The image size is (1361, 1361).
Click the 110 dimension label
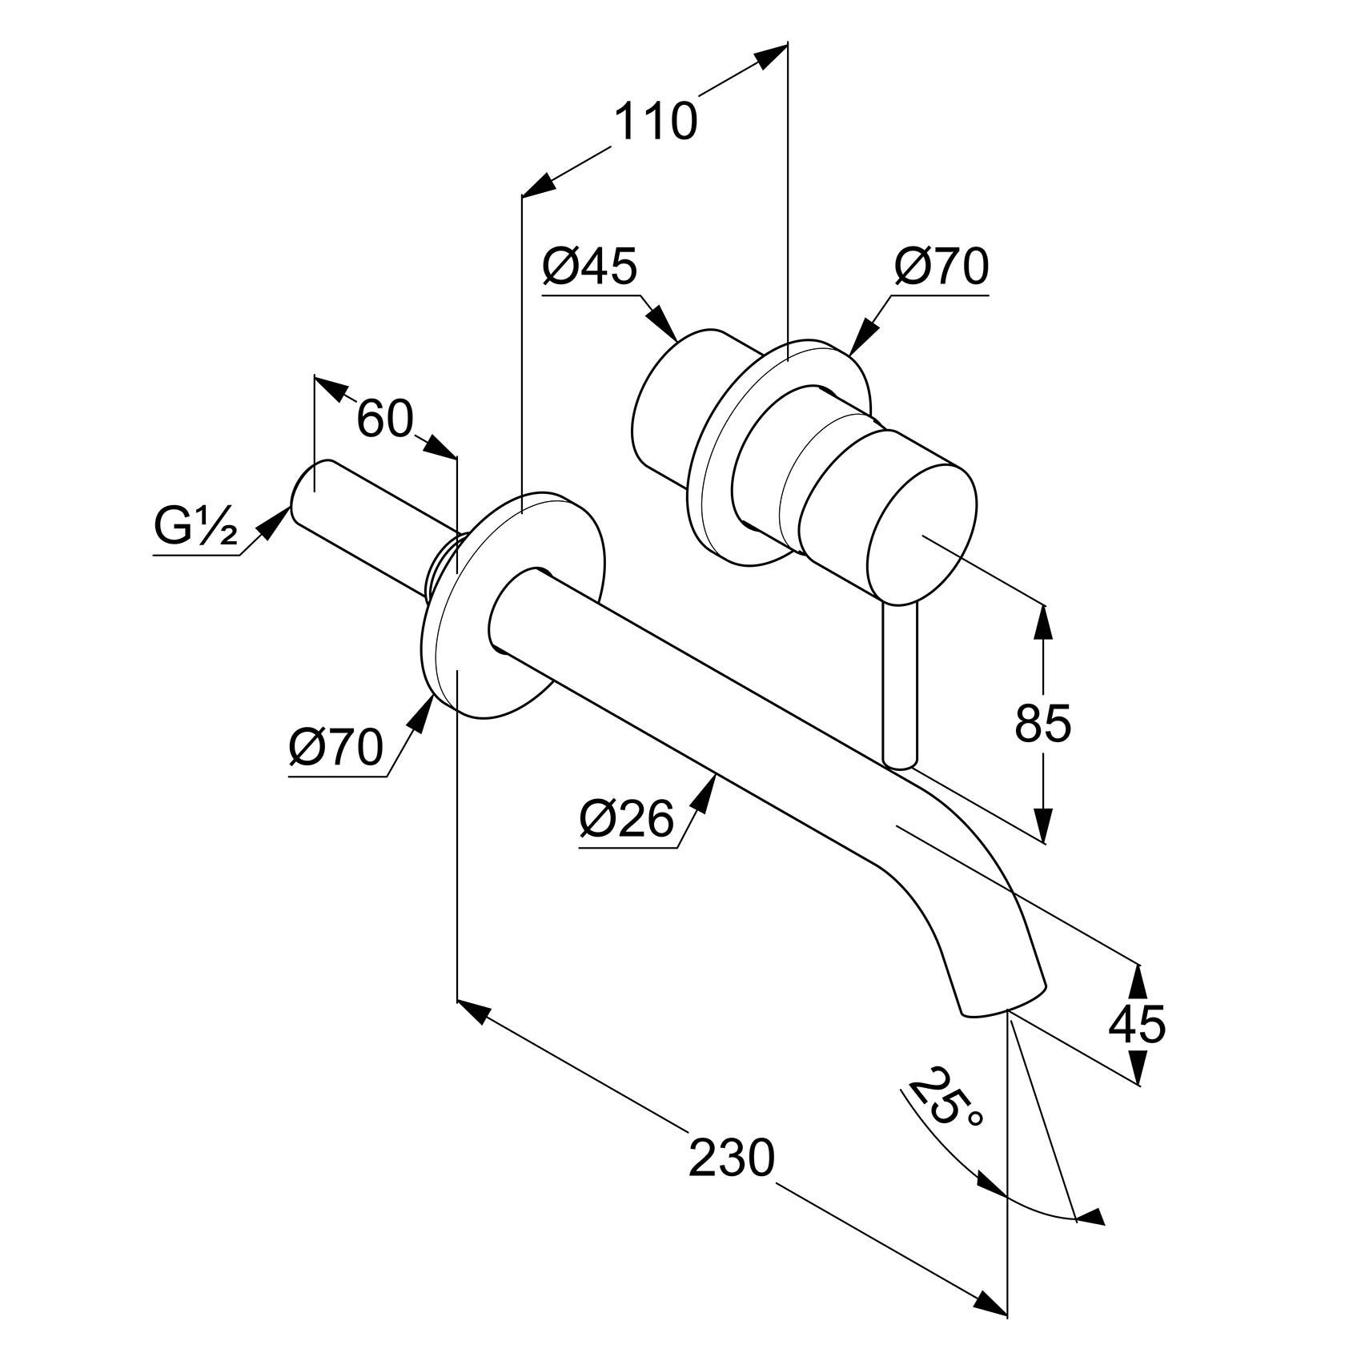[x=656, y=122]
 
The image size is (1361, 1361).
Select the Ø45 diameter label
[x=589, y=267]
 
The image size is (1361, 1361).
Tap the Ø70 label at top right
[x=941, y=267]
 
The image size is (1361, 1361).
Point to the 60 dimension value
[x=384, y=419]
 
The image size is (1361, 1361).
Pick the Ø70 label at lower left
[x=336, y=749]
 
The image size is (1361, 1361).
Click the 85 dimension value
[x=1042, y=724]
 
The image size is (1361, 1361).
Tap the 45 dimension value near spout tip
[x=1137, y=1023]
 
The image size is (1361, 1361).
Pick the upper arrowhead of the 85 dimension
[x=1042, y=620]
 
